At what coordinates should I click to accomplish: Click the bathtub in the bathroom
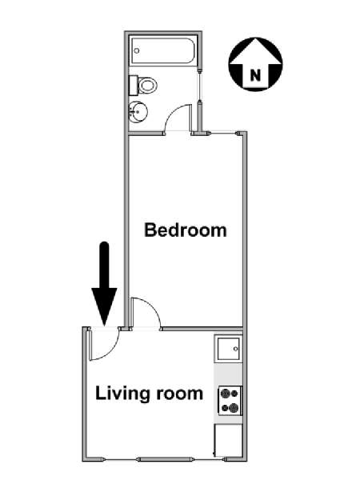tap(163, 51)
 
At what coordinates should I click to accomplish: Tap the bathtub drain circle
tap(137, 51)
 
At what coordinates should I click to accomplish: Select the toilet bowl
tap(147, 85)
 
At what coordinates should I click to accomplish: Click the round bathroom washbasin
tap(138, 112)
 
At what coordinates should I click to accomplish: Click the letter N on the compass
tap(255, 75)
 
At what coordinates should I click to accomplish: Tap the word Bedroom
tap(186, 230)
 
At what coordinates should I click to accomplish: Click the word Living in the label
tap(122, 394)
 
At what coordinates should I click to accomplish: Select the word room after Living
tap(180, 394)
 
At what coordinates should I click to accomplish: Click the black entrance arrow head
tap(104, 306)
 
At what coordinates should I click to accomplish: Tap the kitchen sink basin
tap(228, 349)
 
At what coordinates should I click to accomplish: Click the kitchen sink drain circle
tap(235, 349)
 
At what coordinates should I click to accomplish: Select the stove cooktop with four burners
tap(230, 401)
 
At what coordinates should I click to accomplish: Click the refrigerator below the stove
tap(228, 441)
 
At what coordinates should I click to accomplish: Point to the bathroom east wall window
tap(199, 87)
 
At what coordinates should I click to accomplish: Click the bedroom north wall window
tap(224, 133)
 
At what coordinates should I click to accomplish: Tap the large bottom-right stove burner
tap(234, 408)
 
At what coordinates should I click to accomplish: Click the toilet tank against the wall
tap(134, 86)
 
